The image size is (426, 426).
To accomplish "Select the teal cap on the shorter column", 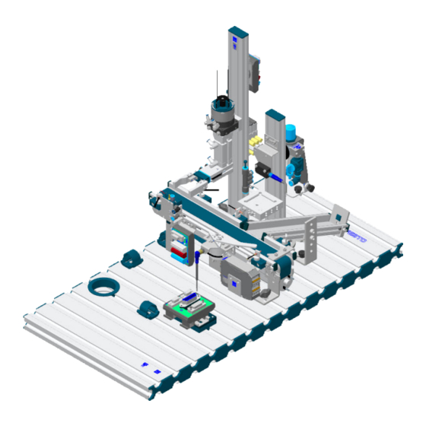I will point(274,115).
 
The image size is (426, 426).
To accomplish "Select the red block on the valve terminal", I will point(177,251).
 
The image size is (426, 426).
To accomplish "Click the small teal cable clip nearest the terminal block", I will point(146,310).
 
